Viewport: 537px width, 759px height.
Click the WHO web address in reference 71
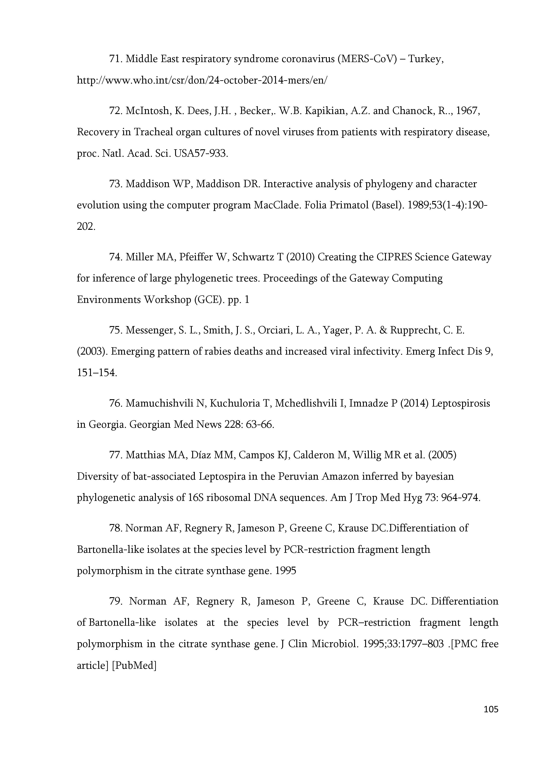pos(202,80)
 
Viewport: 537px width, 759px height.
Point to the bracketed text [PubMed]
pos(134,665)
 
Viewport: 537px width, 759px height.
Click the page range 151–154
pos(97,373)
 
